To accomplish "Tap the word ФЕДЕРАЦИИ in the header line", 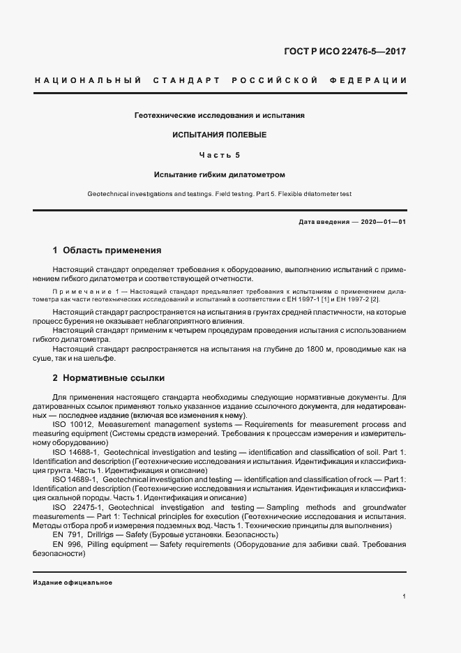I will (375, 81).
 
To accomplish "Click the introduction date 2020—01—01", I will (383, 221).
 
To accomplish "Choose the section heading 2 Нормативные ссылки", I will (109, 378).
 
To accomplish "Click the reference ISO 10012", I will (73, 424).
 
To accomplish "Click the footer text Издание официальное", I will (73, 582).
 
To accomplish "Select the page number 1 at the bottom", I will (404, 596).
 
